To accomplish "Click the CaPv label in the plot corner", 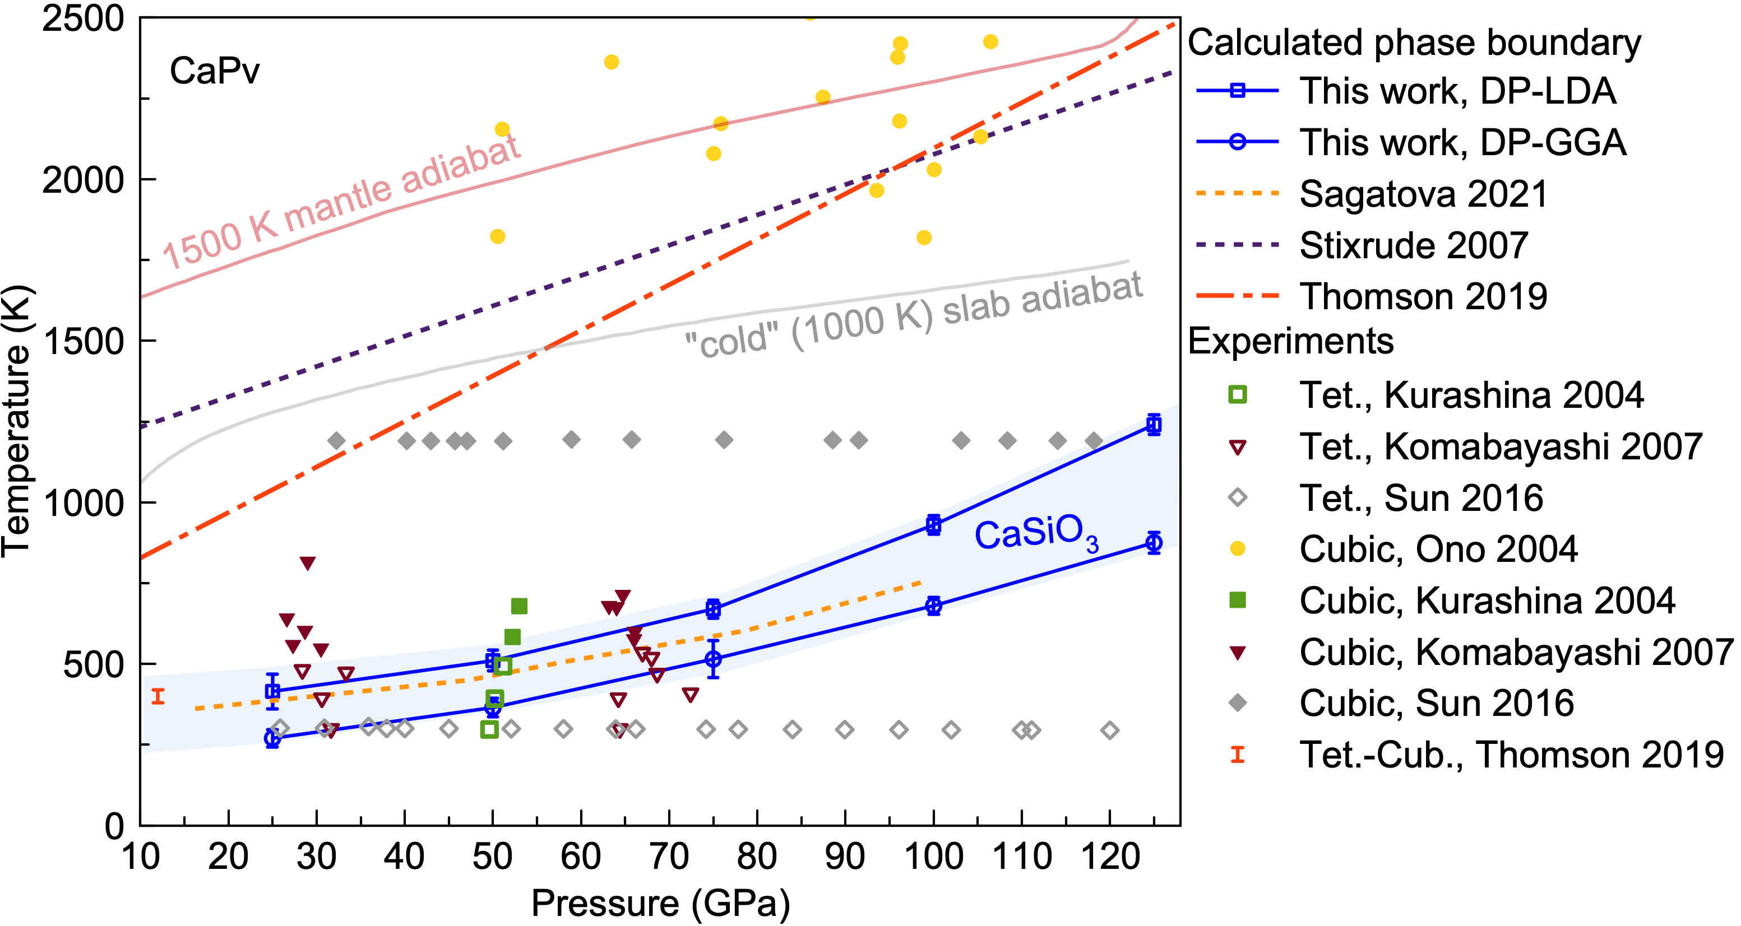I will click(x=214, y=71).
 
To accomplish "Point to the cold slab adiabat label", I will click(x=913, y=316).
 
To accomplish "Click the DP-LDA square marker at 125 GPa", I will click(x=1154, y=425).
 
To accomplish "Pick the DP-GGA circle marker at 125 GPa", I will click(x=1154, y=542).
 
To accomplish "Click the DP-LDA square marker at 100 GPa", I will click(x=933, y=524).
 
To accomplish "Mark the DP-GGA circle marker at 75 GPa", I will click(x=713, y=659).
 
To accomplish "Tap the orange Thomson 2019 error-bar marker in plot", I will click(x=158, y=696).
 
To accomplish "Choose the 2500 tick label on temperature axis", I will click(x=82, y=19).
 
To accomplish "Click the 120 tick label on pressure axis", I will click(x=1110, y=857).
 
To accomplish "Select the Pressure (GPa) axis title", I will click(x=660, y=903).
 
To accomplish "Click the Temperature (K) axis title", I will click(x=16, y=422).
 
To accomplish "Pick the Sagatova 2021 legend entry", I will click(x=1423, y=194).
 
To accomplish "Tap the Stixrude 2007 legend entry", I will click(x=1413, y=246).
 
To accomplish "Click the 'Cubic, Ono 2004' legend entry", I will click(x=1438, y=549).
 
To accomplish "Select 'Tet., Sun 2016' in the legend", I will click(x=1420, y=499).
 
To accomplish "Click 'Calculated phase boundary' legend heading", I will click(x=1414, y=43).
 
